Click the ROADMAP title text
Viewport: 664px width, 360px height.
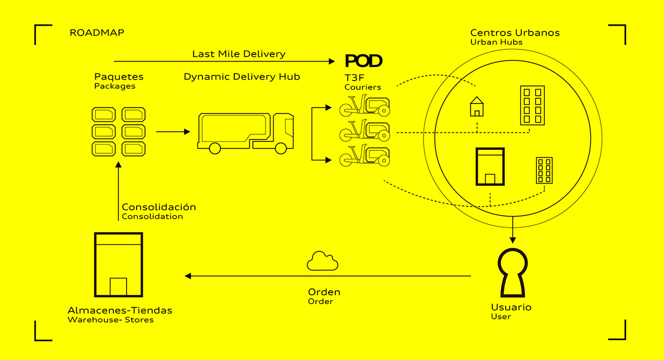tap(97, 33)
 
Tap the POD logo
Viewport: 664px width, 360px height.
tap(363, 61)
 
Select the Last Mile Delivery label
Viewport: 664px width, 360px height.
tap(239, 54)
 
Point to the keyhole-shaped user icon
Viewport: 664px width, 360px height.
tap(512, 273)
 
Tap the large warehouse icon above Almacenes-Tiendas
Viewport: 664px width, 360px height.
tap(118, 264)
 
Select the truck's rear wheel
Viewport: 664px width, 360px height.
tap(215, 148)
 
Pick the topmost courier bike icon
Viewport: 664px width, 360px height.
tap(364, 107)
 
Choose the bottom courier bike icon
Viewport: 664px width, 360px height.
tap(364, 156)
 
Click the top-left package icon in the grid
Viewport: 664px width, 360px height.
tap(103, 114)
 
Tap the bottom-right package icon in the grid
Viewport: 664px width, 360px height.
tap(133, 148)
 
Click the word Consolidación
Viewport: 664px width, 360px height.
tap(158, 207)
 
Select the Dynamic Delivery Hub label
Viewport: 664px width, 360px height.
tap(242, 77)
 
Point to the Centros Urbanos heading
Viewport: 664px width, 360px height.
tap(515, 33)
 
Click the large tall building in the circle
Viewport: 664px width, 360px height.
tap(532, 105)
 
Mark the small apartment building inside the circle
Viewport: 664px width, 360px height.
tap(544, 170)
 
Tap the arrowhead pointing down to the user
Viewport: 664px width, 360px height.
tap(512, 240)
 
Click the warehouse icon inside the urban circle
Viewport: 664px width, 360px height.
tap(490, 166)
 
